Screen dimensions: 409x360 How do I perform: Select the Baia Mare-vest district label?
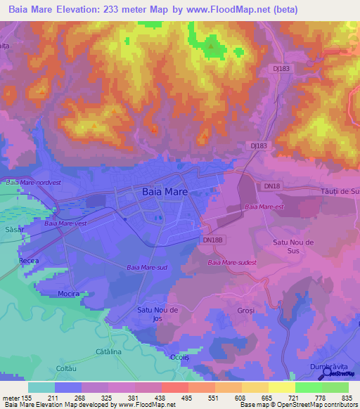(x=65, y=223)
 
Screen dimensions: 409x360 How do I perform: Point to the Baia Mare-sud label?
(x=146, y=267)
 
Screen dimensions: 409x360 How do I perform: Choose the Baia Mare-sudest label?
(x=232, y=263)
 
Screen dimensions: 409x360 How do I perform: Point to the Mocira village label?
(x=68, y=293)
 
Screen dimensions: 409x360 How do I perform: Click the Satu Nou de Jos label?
(x=157, y=313)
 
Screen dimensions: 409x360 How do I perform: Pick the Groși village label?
(x=245, y=310)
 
